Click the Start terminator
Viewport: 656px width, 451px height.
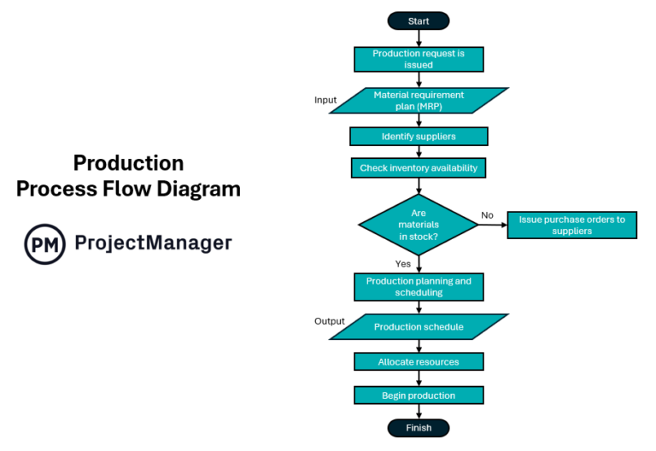[x=419, y=20]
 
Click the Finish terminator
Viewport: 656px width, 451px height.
[x=419, y=428]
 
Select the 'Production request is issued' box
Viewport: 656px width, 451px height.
[x=419, y=59]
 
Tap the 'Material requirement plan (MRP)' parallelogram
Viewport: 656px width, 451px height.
[x=419, y=101]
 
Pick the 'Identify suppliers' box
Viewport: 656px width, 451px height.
[x=419, y=137]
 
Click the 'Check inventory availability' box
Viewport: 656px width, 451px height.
[x=419, y=168]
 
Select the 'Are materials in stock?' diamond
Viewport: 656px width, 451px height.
[x=419, y=225]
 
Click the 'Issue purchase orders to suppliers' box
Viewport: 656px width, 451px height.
[x=571, y=225]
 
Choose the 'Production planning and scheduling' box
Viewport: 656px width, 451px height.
[x=419, y=286]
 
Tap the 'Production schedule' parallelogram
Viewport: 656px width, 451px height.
[x=419, y=327]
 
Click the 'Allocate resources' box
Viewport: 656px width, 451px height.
[x=419, y=362]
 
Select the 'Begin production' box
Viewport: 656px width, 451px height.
[x=419, y=395]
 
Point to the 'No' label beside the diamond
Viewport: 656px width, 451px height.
[x=488, y=215]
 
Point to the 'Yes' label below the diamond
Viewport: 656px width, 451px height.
[x=402, y=264]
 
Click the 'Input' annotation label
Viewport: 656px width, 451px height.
[x=325, y=100]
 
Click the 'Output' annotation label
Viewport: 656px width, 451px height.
[x=329, y=322]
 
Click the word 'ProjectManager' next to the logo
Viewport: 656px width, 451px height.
[x=154, y=243]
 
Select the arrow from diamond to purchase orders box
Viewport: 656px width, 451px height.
[x=492, y=225]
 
